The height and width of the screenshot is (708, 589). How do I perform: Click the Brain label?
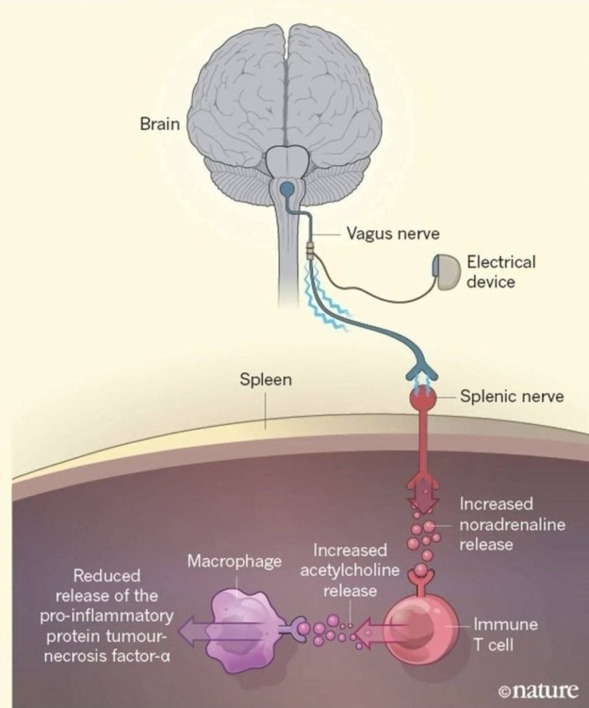tap(159, 124)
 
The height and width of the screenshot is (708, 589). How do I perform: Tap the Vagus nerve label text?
tap(392, 234)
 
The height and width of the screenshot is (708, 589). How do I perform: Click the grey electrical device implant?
tap(446, 273)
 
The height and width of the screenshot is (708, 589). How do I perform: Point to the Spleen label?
tap(265, 379)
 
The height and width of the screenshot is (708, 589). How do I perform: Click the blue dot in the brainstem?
tap(286, 189)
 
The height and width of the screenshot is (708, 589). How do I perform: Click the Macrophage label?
tap(234, 561)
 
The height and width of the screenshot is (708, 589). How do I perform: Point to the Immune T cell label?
tap(506, 634)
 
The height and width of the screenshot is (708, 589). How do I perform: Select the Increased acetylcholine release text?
tap(350, 571)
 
